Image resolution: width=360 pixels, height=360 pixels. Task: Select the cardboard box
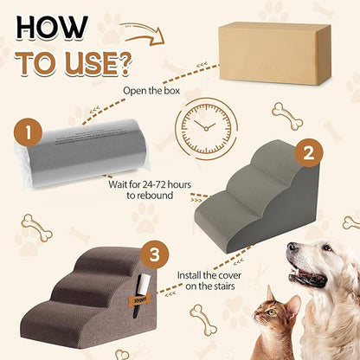click(274, 54)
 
